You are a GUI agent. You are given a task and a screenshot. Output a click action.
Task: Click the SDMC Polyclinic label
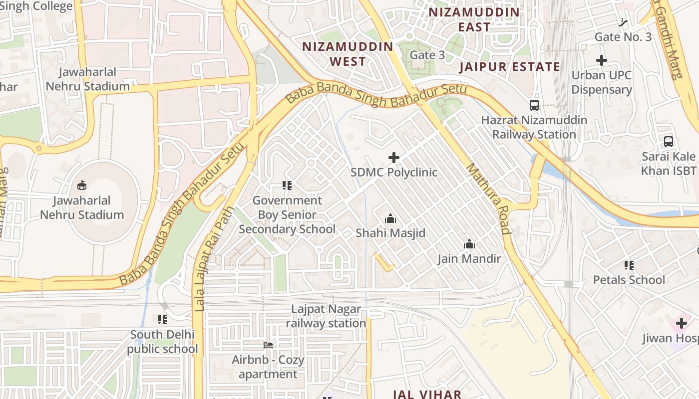tap(393, 173)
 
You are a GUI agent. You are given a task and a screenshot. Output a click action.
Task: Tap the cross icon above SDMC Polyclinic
tap(393, 158)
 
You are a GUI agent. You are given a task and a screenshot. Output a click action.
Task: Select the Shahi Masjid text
tap(390, 233)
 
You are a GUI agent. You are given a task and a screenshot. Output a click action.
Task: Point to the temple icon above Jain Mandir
tap(469, 244)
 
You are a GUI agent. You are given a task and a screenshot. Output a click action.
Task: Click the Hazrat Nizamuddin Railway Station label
tap(534, 127)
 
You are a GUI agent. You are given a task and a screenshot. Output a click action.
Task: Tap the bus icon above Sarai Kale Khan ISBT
tap(669, 142)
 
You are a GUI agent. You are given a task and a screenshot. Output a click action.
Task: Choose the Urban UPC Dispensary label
tap(602, 82)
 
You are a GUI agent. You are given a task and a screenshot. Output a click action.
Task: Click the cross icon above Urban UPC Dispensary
tap(602, 61)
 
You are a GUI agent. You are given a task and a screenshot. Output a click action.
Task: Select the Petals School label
tap(629, 280)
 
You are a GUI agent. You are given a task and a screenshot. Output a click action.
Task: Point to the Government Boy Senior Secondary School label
tap(287, 215)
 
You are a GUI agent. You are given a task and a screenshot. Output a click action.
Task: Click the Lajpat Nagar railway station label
tap(326, 316)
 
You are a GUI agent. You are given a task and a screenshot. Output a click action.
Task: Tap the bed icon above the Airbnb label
tap(268, 345)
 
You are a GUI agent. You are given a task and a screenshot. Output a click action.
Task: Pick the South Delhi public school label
tap(162, 342)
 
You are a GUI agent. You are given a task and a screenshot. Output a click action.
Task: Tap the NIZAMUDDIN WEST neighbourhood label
tap(348, 54)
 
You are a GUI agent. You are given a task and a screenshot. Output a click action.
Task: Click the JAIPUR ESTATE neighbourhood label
tap(509, 67)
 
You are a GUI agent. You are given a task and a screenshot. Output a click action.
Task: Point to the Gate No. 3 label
tap(623, 37)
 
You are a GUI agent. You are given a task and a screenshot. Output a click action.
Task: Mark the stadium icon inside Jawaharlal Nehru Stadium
tap(82, 186)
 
